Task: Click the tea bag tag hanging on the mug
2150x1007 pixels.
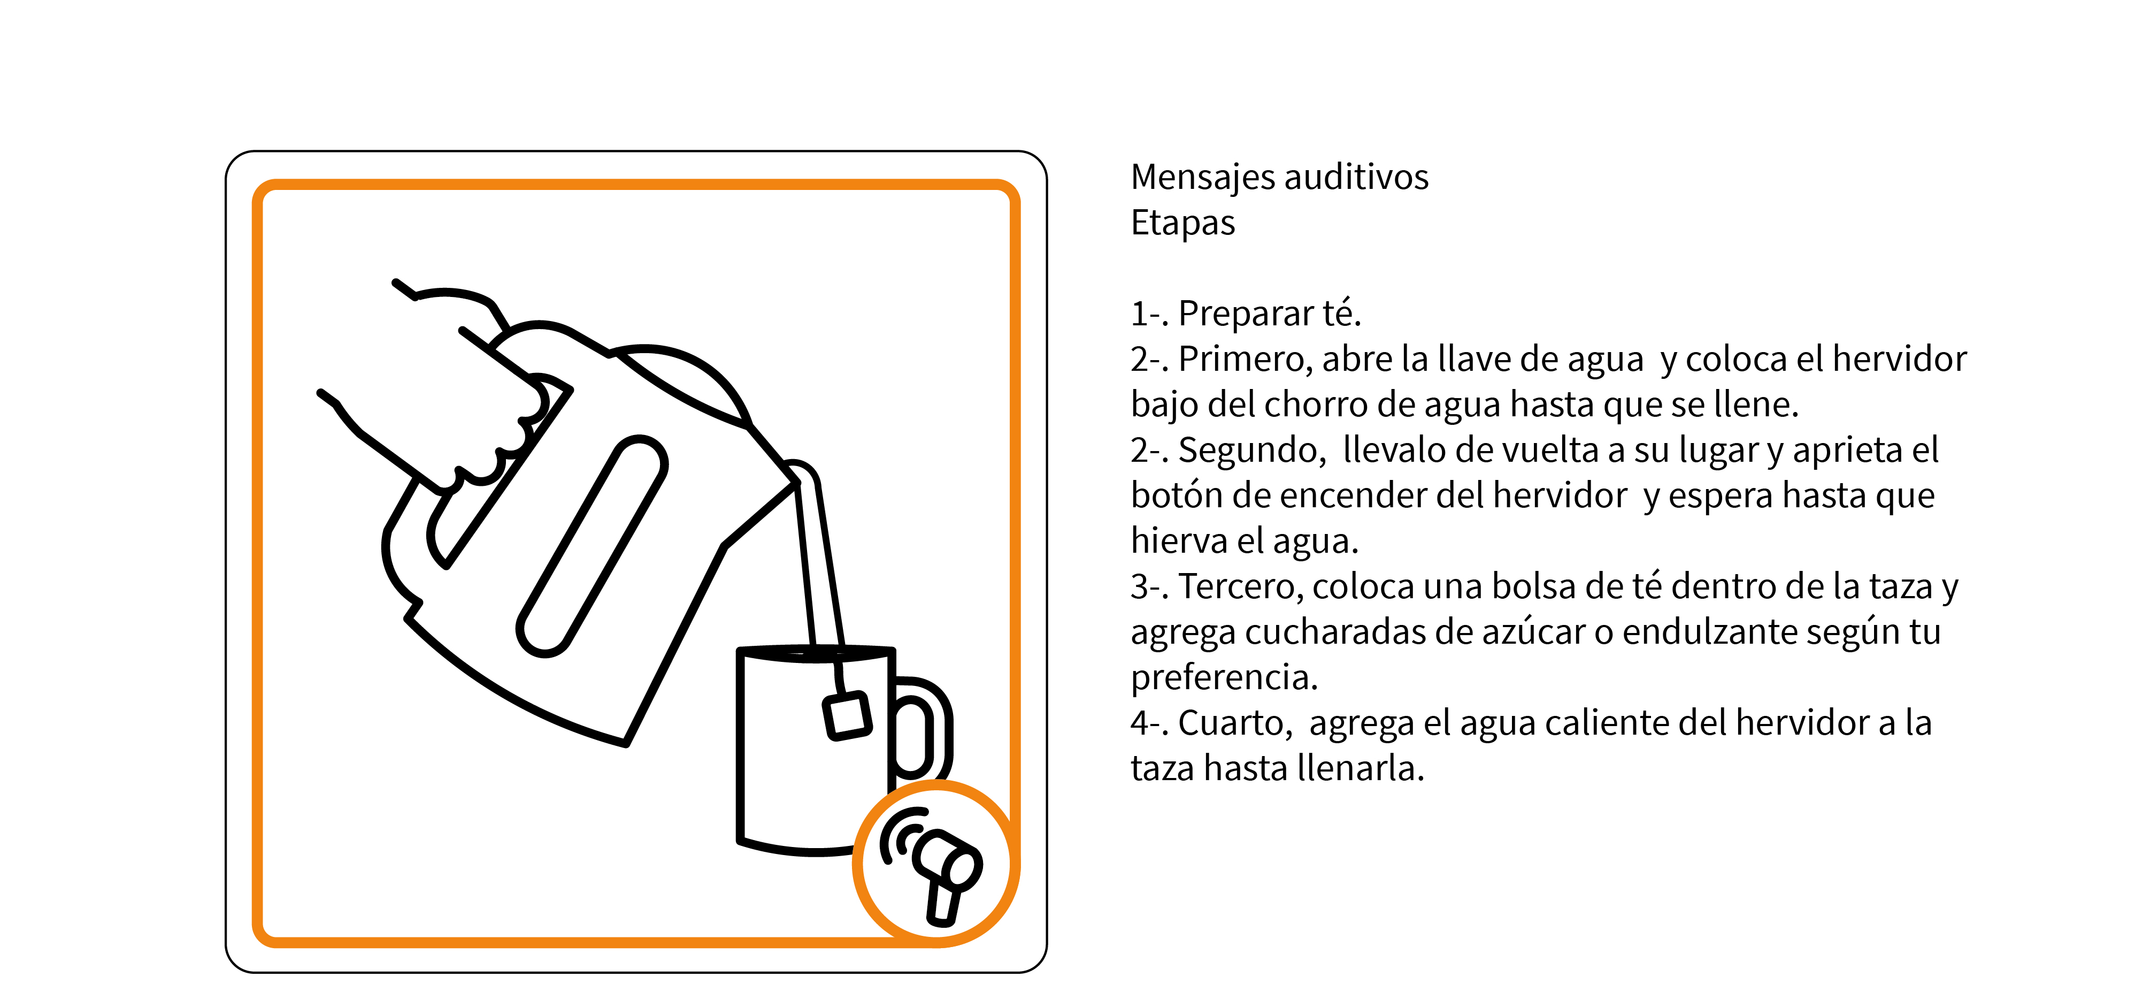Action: pyautogui.click(x=847, y=715)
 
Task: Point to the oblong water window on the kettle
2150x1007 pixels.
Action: pyautogui.click(x=592, y=546)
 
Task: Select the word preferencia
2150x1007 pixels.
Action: pyautogui.click(x=1224, y=678)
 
